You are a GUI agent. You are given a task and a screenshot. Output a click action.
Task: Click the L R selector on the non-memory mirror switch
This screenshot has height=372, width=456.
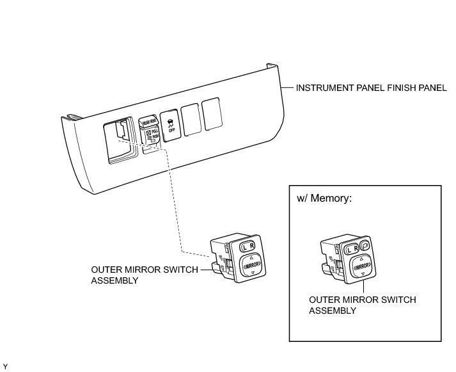click(x=247, y=245)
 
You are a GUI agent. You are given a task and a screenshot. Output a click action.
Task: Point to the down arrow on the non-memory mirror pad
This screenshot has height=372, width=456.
click(x=254, y=273)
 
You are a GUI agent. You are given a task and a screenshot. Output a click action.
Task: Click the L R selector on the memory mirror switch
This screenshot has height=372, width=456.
click(x=350, y=248)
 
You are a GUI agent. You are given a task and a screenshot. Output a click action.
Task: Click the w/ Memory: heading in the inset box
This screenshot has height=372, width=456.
click(x=325, y=198)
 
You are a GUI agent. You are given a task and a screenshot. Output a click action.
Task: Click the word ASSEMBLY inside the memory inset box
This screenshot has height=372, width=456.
click(x=332, y=311)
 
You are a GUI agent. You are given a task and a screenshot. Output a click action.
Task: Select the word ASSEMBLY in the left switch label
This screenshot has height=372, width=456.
click(x=114, y=280)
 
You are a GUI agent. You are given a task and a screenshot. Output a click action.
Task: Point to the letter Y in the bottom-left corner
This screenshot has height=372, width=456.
click(x=5, y=366)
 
